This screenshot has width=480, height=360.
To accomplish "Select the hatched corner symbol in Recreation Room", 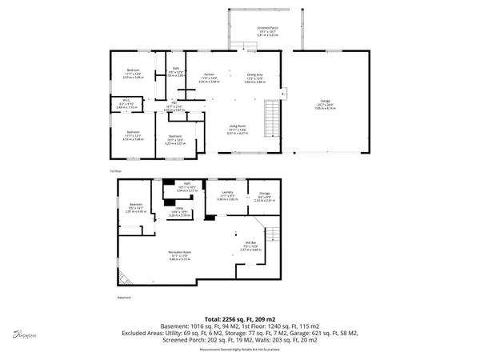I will pyautogui.click(x=124, y=277).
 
